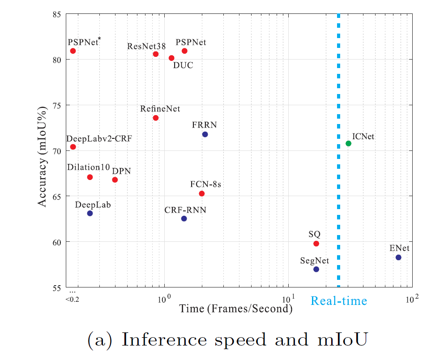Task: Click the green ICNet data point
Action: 348,143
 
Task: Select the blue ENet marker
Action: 398,257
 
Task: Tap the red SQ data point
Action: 316,244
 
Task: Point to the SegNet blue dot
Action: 316,269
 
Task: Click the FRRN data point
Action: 205,134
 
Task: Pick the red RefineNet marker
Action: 156,118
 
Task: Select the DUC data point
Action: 171,58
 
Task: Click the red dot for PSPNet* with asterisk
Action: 73,51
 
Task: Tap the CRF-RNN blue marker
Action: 184,219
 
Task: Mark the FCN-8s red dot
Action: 201,193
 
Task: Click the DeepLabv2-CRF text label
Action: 99,138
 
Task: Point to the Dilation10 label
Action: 89,167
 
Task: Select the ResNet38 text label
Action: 146,46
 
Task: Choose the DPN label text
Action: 121,171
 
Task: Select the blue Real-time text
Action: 339,301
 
